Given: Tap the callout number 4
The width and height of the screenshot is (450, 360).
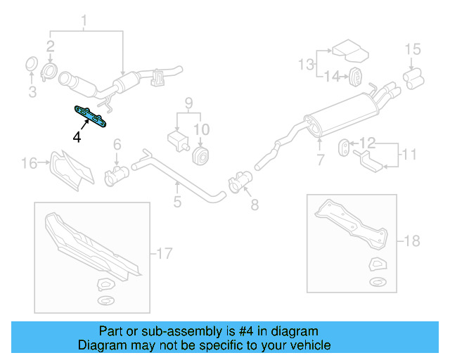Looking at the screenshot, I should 77,136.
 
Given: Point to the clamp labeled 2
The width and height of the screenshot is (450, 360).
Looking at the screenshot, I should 51,72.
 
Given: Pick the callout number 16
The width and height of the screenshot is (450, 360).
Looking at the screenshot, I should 28,164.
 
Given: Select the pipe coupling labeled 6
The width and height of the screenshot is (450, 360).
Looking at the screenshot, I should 114,174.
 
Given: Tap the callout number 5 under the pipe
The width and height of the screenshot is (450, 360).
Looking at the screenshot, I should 177,202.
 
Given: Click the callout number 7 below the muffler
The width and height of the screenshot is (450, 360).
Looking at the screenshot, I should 321,160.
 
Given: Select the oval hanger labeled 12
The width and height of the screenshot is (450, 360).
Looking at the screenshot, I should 346,147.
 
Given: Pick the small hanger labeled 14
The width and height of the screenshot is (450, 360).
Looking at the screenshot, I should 356,75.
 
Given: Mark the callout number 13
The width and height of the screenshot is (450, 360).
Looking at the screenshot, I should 306,65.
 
